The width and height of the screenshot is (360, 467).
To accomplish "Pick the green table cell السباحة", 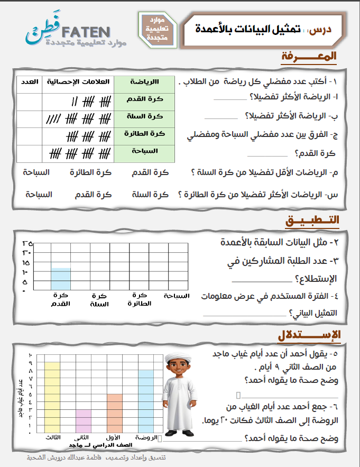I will (144, 151).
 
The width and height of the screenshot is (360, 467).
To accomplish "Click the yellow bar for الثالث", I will (52, 397).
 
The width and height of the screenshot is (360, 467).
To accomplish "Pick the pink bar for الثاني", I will (83, 421).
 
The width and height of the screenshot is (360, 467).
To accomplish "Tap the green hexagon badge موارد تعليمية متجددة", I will (156, 30).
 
